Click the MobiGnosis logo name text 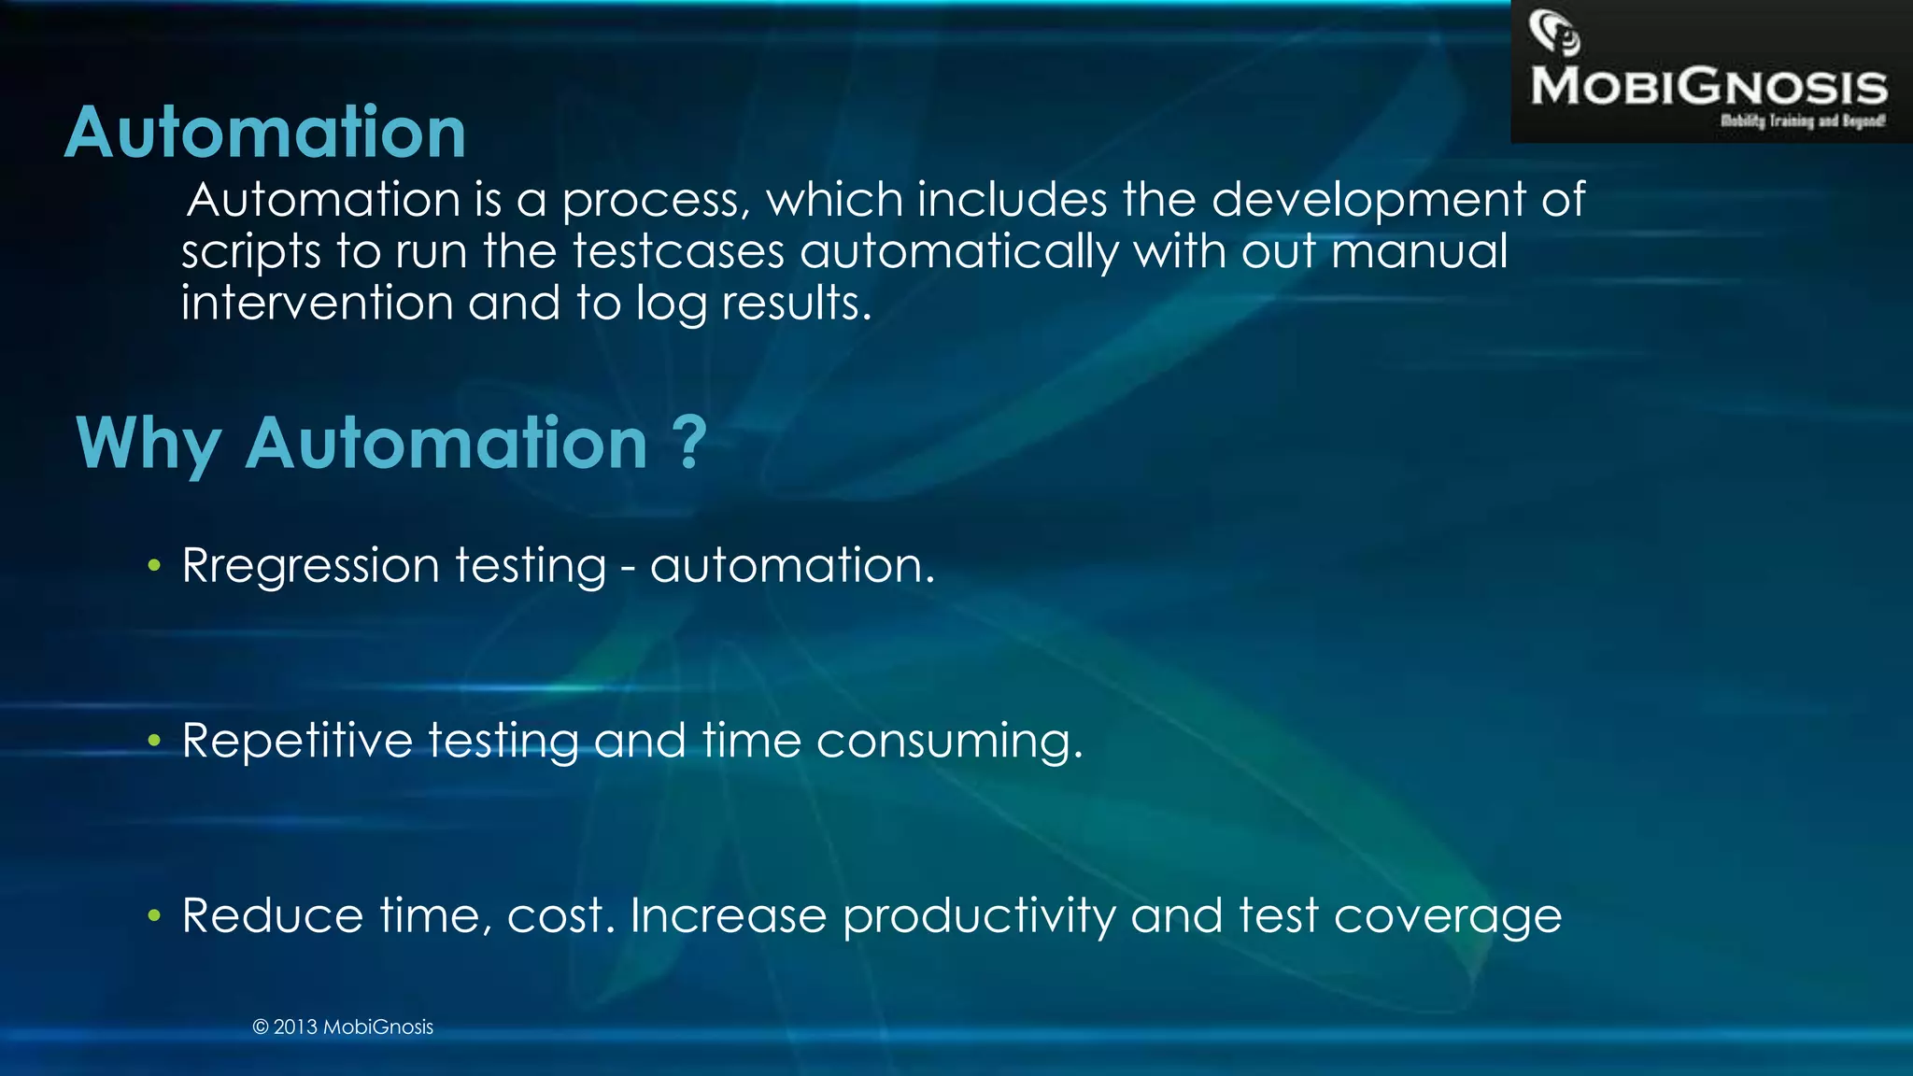tap(1708, 87)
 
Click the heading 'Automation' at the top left tap(265, 133)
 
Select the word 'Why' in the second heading tap(149, 444)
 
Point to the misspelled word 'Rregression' tap(310, 566)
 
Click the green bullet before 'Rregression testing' tap(154, 565)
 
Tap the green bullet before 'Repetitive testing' tap(154, 741)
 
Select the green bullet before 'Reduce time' tap(154, 915)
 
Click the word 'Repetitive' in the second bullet tap(297, 741)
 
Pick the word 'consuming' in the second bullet tap(949, 742)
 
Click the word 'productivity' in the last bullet tap(979, 916)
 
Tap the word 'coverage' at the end tap(1448, 916)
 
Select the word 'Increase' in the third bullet tap(729, 915)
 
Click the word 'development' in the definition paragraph tap(1369, 201)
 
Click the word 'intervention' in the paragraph tap(318, 304)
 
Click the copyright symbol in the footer tap(261, 1027)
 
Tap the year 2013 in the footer tap(295, 1027)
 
